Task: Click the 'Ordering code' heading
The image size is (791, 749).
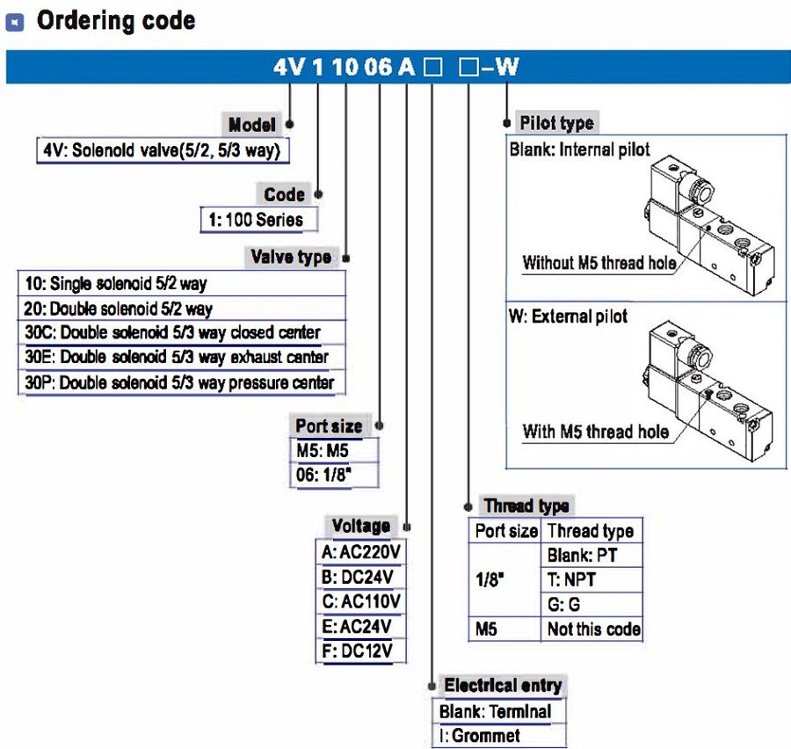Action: pyautogui.click(x=115, y=21)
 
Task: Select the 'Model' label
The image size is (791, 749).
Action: pyautogui.click(x=251, y=125)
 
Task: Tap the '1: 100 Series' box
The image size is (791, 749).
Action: pyautogui.click(x=259, y=220)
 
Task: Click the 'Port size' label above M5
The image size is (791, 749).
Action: pyautogui.click(x=329, y=425)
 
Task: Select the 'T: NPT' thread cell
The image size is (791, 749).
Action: pyautogui.click(x=577, y=579)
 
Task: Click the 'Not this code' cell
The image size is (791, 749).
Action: pyautogui.click(x=593, y=629)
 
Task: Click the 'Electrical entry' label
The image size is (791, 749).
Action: pyautogui.click(x=503, y=686)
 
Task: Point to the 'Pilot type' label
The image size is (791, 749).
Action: pyautogui.click(x=556, y=123)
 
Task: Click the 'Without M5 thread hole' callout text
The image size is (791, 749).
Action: pyautogui.click(x=599, y=262)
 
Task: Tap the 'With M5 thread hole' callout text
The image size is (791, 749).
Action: pyautogui.click(x=595, y=432)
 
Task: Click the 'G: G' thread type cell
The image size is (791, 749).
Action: pyautogui.click(x=564, y=604)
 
